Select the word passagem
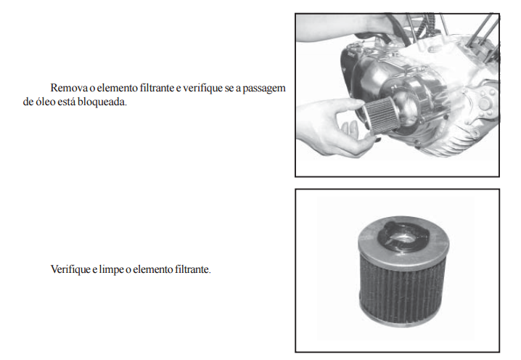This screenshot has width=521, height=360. (264, 89)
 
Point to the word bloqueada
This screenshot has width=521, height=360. (102, 102)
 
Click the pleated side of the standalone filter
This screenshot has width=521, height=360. (403, 292)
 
